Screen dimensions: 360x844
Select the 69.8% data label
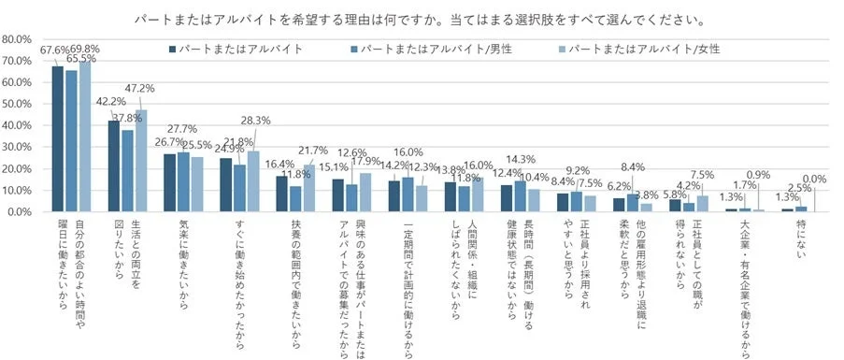pyautogui.click(x=86, y=49)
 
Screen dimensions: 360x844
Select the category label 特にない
pyautogui.click(x=800, y=238)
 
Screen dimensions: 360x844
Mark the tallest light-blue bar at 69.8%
pyautogui.click(x=86, y=137)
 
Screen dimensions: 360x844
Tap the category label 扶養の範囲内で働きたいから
pyautogui.click(x=294, y=275)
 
